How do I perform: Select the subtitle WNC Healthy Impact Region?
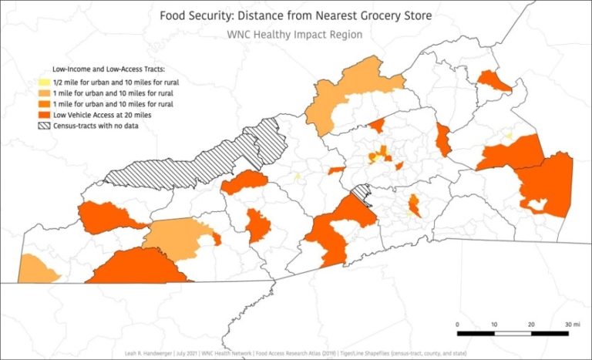point(296,35)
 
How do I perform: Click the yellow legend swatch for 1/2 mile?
point(45,82)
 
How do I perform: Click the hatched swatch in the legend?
point(45,126)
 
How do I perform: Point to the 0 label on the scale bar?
point(458,324)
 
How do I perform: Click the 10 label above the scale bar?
point(494,324)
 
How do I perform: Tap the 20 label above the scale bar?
point(531,324)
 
